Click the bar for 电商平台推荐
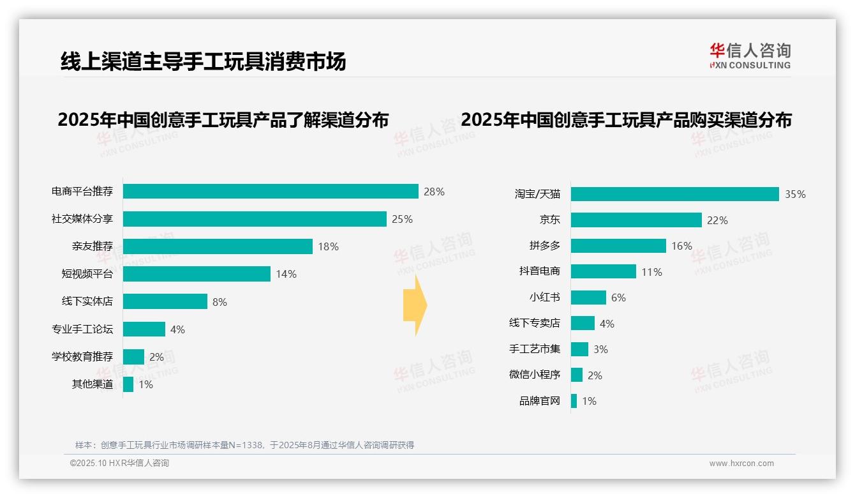tap(271, 192)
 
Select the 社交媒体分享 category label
tap(82, 219)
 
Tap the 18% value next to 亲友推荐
tap(328, 246)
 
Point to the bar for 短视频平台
tap(197, 274)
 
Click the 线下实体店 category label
tap(87, 301)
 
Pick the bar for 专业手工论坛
tap(144, 329)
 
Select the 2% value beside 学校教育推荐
tap(156, 357)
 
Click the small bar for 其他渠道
tap(128, 384)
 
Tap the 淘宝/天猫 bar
tap(674, 194)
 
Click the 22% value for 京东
tap(717, 220)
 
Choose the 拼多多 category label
tap(544, 246)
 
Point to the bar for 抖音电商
tap(603, 271)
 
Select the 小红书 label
tap(544, 298)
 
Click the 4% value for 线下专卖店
tap(607, 324)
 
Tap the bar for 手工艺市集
tap(579, 349)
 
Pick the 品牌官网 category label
tap(539, 401)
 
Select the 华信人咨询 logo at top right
tap(750, 56)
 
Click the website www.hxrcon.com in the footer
tap(741, 464)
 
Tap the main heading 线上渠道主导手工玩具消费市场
tap(203, 61)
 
